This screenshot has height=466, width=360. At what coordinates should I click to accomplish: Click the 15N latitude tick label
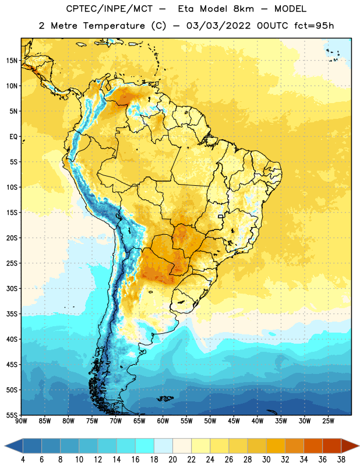point(12,61)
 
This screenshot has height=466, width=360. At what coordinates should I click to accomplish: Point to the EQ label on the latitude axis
point(13,137)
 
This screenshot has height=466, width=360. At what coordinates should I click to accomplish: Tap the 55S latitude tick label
point(12,415)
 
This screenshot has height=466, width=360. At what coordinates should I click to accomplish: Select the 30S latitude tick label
point(12,288)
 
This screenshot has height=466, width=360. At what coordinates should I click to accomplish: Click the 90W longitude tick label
point(21,421)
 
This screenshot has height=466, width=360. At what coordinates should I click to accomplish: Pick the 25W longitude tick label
point(328,421)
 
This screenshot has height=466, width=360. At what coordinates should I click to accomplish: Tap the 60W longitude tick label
point(163,421)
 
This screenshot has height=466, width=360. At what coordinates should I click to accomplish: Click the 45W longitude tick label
point(234,421)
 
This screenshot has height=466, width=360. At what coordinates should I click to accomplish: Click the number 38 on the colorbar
point(341,460)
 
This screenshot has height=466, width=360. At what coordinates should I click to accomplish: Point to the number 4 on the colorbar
point(23,460)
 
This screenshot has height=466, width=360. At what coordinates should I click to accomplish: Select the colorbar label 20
point(172,460)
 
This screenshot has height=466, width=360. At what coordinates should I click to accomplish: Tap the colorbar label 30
point(266,460)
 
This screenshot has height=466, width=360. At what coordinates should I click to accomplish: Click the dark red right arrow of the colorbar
point(350,446)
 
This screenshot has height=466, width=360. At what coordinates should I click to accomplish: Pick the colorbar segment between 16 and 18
point(144,446)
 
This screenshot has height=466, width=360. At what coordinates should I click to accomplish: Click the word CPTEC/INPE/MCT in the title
point(110,9)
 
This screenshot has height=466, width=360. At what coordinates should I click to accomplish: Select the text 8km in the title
point(243,9)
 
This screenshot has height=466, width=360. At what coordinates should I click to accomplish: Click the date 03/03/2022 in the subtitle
point(218,26)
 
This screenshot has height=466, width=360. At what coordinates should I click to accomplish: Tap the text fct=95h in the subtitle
point(314,26)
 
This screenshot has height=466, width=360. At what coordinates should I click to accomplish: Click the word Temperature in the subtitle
point(114,26)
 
